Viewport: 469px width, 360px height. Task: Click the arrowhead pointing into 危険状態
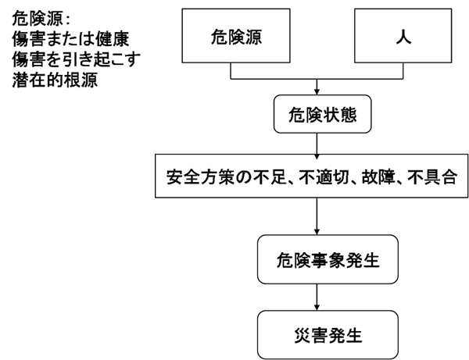pyautogui.click(x=315, y=91)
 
